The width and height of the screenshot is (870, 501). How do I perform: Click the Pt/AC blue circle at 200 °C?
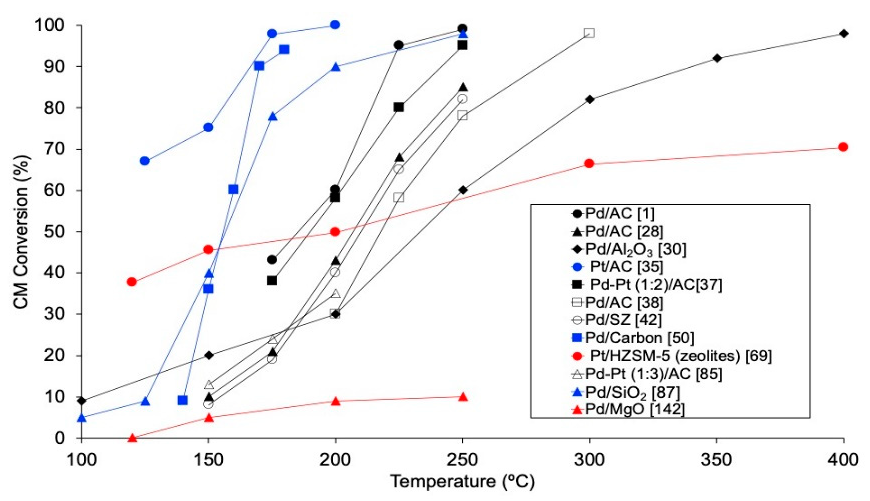[335, 25]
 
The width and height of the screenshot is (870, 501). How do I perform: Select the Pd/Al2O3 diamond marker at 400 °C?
[843, 33]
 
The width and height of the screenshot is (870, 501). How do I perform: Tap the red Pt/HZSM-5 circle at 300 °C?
[589, 163]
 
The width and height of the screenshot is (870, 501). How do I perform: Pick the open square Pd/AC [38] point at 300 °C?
[589, 33]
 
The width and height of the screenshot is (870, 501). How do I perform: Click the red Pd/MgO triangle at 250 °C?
[463, 397]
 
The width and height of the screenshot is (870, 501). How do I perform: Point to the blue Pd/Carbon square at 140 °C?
[183, 400]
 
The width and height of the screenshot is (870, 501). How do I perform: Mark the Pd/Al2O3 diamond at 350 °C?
[717, 58]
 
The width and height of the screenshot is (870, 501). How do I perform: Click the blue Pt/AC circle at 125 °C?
[145, 161]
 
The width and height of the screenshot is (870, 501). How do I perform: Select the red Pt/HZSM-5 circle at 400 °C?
[843, 147]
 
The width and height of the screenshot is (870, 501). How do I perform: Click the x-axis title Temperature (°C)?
[462, 482]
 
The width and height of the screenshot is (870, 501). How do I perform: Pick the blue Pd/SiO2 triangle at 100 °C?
[82, 418]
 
